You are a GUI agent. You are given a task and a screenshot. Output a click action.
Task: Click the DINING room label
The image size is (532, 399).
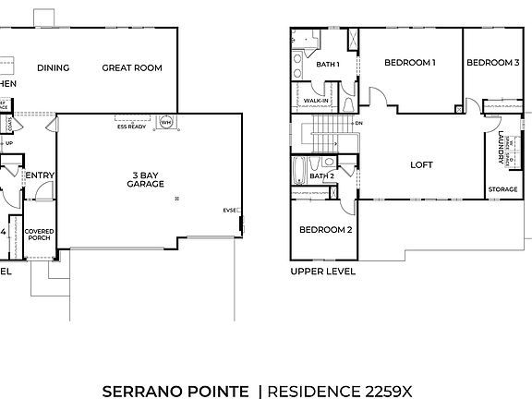tap(54, 67)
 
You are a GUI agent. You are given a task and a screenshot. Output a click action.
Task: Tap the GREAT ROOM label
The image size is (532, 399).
tap(132, 67)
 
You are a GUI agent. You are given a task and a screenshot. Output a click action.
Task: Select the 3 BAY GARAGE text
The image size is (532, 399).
tap(146, 178)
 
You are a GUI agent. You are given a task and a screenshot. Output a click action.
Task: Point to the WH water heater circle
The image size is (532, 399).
tap(166, 121)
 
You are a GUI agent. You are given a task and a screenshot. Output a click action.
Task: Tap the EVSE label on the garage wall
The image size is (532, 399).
tap(230, 210)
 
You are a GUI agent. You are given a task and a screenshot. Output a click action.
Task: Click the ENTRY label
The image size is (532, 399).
tap(39, 175)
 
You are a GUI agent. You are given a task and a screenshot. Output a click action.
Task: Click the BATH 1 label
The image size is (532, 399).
tap(328, 64)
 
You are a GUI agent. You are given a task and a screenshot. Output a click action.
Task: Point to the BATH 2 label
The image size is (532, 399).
tap(321, 175)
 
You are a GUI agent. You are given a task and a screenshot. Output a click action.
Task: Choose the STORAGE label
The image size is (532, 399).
tap(502, 189)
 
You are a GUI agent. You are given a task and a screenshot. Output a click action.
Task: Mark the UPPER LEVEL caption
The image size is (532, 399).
tap(322, 272)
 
